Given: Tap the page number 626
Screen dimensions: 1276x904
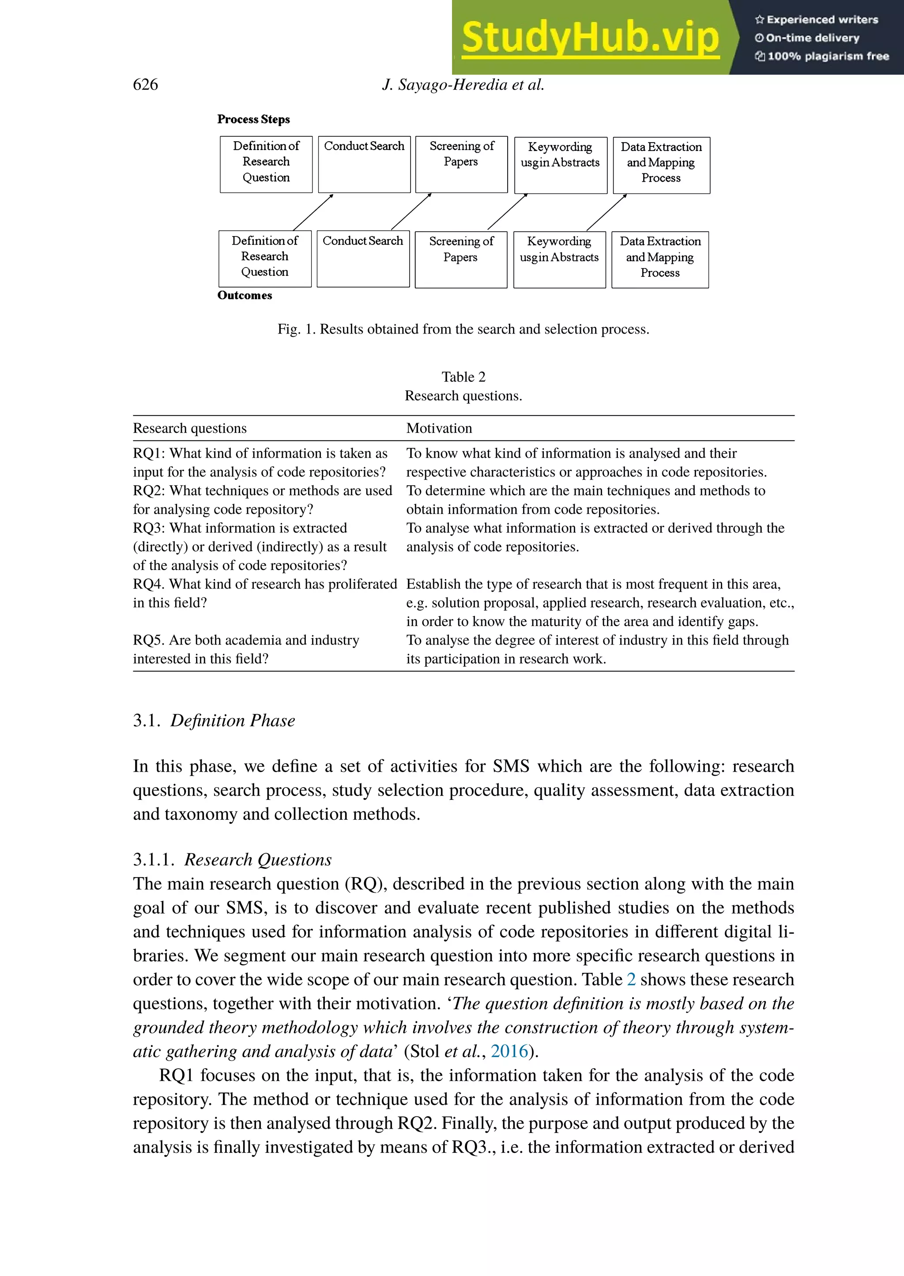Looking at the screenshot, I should (x=145, y=85).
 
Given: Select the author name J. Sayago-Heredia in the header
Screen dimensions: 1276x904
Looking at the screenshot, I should (x=445, y=85).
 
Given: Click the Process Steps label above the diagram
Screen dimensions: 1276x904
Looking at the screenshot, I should (x=253, y=119).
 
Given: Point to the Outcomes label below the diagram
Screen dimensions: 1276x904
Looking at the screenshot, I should (x=245, y=296).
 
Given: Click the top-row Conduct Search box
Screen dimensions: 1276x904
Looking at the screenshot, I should (x=364, y=164).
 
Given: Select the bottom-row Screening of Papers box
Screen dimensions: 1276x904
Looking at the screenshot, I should (x=461, y=259).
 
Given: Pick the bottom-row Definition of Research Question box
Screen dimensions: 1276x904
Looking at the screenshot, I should (x=265, y=259).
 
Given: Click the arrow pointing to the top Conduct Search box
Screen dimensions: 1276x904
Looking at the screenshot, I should (x=313, y=212).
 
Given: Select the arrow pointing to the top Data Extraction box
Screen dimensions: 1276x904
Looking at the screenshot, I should (x=607, y=212).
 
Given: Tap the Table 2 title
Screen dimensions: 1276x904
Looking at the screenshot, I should (x=463, y=377).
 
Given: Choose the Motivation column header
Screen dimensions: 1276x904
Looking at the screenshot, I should (x=439, y=428).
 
